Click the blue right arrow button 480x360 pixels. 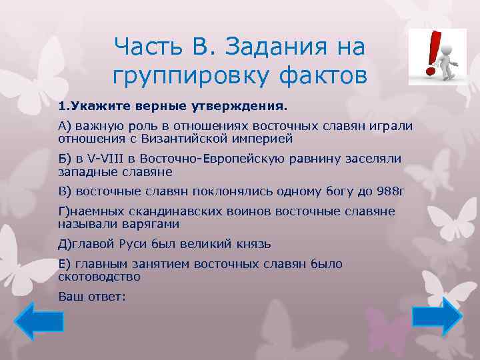(x=437, y=315)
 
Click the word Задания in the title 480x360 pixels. (x=279, y=46)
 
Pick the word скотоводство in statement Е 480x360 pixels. (x=99, y=276)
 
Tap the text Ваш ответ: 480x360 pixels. (x=92, y=296)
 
